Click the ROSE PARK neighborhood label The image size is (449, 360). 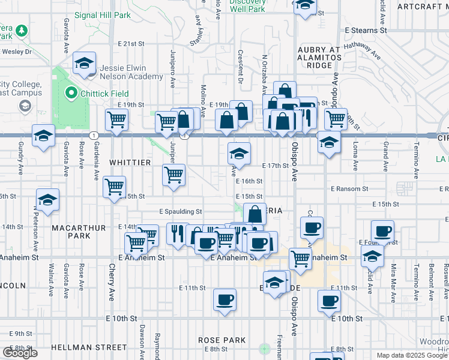pos(222,340)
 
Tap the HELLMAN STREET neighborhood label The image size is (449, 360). pos(89,347)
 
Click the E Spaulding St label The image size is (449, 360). pos(180,212)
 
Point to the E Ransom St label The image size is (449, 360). pos(349,189)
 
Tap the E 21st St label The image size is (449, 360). pos(131,44)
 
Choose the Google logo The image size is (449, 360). pos(20,353)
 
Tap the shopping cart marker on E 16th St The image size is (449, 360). pos(173,175)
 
